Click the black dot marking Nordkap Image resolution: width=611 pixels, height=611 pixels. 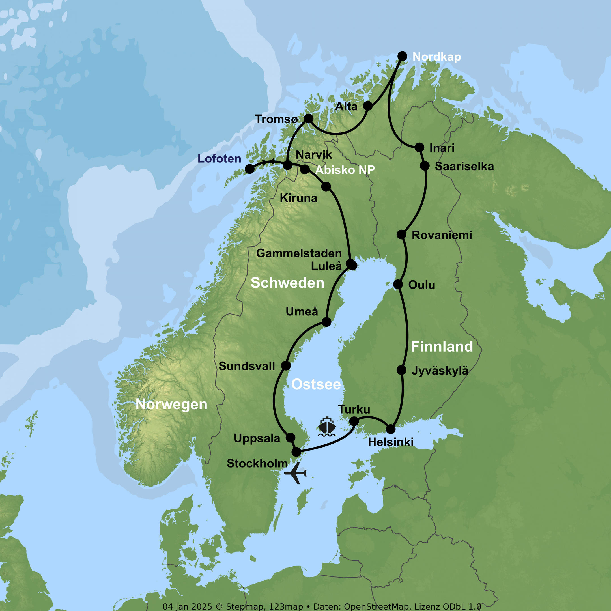click(402, 56)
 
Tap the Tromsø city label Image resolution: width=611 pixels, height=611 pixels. click(276, 119)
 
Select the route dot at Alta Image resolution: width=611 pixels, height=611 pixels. click(367, 106)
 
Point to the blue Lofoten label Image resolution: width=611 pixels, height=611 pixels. click(219, 158)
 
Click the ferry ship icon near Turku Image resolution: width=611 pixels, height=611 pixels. click(327, 427)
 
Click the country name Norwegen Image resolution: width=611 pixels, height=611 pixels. click(171, 404)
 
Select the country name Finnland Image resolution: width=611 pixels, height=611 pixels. click(442, 347)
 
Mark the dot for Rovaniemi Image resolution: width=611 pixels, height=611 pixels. click(401, 235)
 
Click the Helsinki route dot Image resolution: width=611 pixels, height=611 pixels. click(391, 429)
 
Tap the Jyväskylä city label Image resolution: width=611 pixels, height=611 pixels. click(440, 371)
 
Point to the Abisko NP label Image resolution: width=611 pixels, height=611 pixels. click(345, 170)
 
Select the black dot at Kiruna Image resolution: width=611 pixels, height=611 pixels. click(326, 187)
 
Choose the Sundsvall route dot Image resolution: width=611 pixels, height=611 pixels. click(286, 365)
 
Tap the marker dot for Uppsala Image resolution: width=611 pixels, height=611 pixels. click(290, 438)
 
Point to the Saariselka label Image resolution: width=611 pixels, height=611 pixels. click(464, 166)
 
